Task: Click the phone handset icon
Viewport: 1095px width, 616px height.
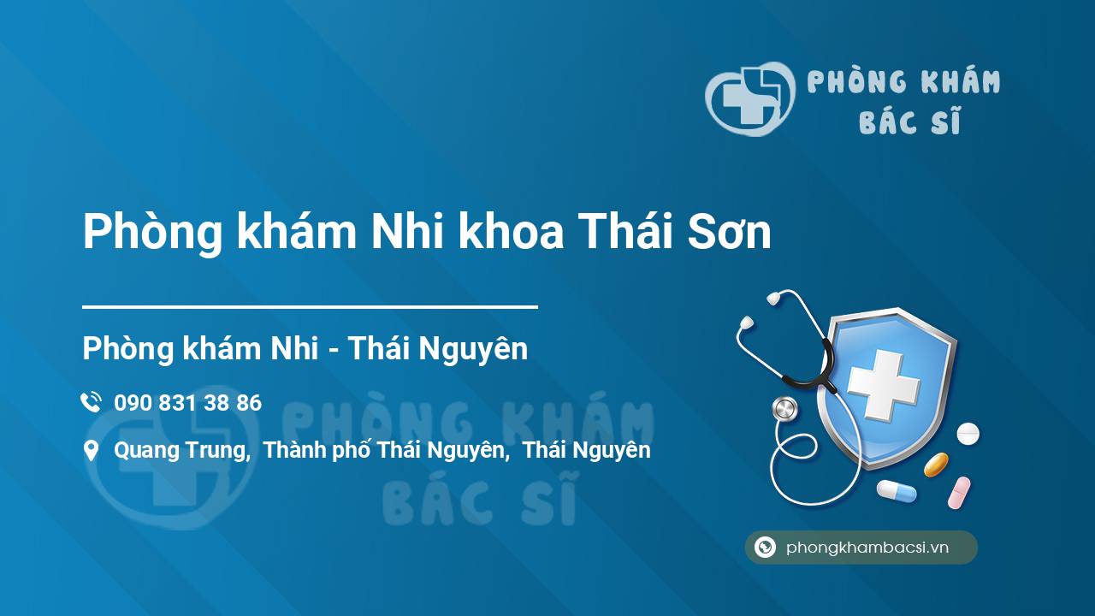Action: (91, 402)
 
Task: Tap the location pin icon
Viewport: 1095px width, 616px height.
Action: (92, 451)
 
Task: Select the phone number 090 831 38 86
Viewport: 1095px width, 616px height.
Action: (187, 403)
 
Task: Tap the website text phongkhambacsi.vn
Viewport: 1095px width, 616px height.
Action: (867, 547)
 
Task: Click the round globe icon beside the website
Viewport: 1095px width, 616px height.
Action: (765, 547)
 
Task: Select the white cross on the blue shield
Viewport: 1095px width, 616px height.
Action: (884, 385)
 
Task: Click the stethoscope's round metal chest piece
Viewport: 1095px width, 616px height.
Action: (784, 409)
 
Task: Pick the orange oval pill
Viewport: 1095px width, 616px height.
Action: (936, 465)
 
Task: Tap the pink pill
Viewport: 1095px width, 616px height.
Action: (959, 492)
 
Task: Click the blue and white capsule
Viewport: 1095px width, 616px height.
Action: (897, 491)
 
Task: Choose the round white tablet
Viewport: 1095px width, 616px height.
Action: (968, 434)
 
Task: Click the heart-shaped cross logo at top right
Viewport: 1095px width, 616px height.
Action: (750, 98)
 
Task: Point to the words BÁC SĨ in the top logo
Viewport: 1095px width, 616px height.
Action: (909, 121)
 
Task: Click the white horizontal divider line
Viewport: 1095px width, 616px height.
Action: (310, 307)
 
